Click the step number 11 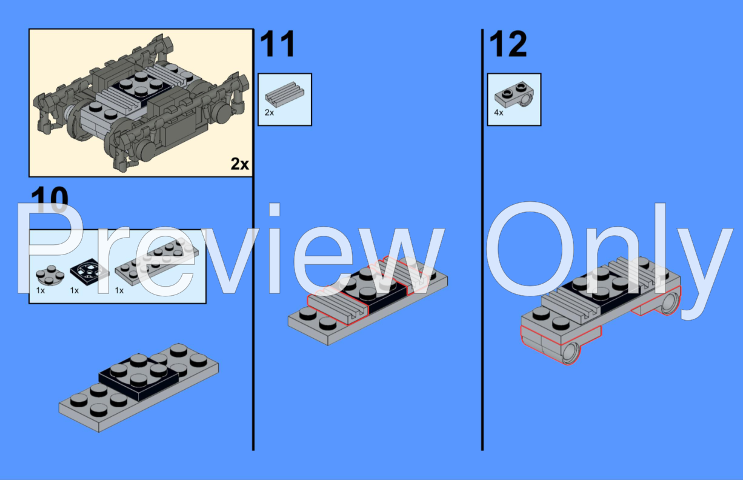point(278,45)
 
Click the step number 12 point(508,45)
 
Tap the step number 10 point(50,200)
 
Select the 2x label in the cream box point(240,164)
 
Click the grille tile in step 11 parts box point(284,95)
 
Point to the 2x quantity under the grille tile point(269,113)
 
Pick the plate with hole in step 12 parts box point(514,95)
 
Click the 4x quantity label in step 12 point(498,113)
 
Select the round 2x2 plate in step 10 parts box point(48,275)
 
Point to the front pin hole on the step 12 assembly point(571,353)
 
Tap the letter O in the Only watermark point(527,255)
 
